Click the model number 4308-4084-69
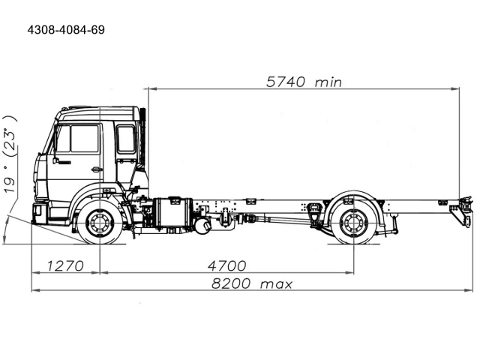tap(66, 30)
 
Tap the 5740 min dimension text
tap(304, 82)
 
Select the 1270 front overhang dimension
tap(65, 265)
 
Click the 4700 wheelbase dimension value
tap(226, 265)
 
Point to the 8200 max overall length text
tap(252, 283)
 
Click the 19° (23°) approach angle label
tap(10, 154)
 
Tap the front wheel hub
tap(100, 223)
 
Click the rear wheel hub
tap(354, 223)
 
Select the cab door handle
tap(97, 169)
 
